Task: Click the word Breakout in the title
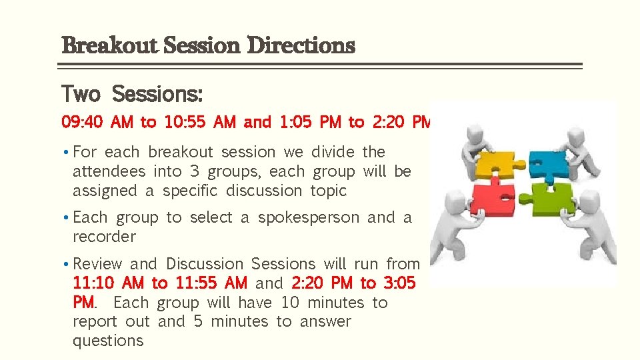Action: click(109, 46)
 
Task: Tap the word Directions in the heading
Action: click(301, 46)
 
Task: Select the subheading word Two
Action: click(81, 95)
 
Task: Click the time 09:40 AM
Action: click(97, 123)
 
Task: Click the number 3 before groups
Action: click(195, 171)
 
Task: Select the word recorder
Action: click(104, 237)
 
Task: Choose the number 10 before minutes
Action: click(290, 303)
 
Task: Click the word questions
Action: click(108, 341)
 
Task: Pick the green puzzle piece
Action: click(552, 198)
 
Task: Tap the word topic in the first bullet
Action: click(329, 191)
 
